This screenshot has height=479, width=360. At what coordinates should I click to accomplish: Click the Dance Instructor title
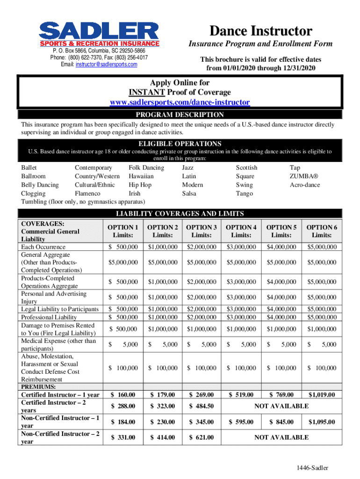(260, 31)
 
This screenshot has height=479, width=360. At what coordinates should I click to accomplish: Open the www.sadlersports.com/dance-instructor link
(179, 102)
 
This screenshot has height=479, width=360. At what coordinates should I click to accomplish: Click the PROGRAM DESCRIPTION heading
(180, 115)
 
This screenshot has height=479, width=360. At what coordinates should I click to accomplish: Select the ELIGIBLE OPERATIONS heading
(180, 144)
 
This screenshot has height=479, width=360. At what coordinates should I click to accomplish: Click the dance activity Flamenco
(87, 193)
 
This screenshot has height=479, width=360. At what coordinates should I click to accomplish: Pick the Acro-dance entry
(305, 185)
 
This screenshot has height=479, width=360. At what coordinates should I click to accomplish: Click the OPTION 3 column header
(202, 231)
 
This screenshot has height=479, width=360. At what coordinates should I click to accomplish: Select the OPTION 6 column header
(321, 231)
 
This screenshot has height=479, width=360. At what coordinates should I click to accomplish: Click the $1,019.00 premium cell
(321, 395)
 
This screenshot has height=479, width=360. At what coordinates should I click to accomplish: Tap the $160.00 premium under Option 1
(123, 395)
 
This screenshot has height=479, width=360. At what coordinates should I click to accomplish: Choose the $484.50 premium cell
(202, 406)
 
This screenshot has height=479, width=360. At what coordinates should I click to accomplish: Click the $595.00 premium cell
(241, 422)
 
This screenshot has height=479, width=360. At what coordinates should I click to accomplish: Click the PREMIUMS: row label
(39, 387)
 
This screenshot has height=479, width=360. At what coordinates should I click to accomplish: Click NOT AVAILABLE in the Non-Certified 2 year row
(281, 437)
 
